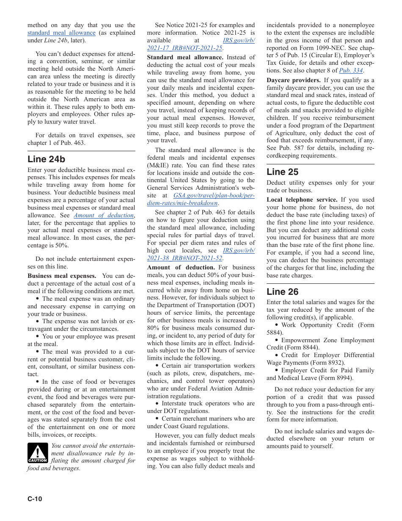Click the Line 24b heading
(46, 159)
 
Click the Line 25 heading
(282, 172)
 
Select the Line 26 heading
(282, 291)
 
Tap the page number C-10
(35, 499)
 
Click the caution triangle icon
(38, 453)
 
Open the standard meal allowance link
(61, 33)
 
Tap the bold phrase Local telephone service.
(302, 200)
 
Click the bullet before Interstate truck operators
(157, 403)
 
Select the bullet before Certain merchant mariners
(157, 418)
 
